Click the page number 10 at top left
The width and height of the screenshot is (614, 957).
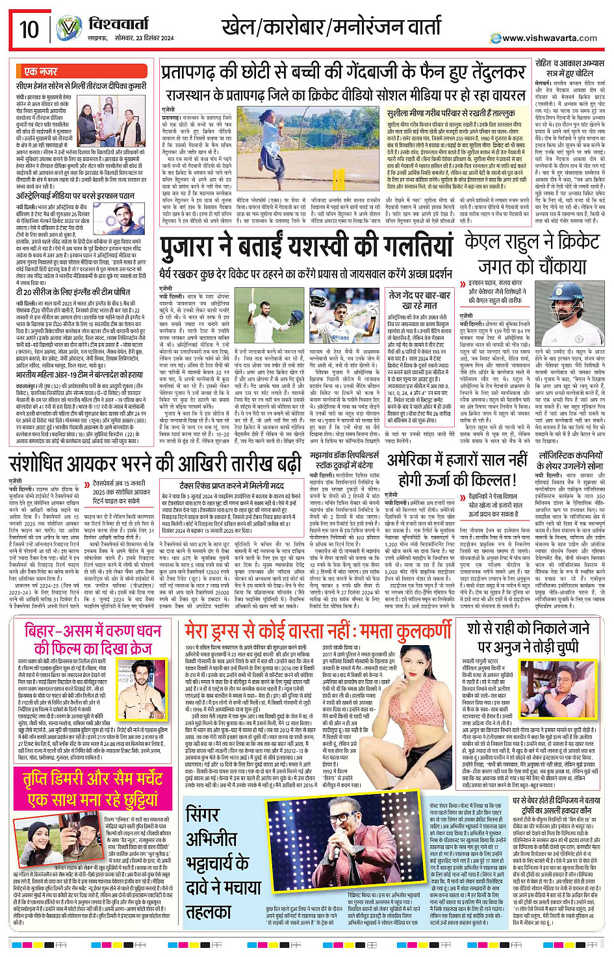pyautogui.click(x=28, y=29)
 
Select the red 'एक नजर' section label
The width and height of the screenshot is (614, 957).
pyautogui.click(x=40, y=71)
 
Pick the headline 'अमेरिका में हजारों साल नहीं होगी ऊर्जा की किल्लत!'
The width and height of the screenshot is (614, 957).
pyautogui.click(x=457, y=470)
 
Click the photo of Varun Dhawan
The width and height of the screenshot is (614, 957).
pyautogui.click(x=132, y=680)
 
